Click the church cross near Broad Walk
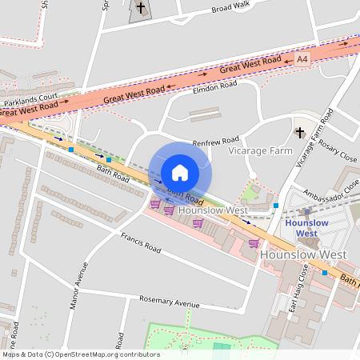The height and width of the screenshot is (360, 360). point(141,9)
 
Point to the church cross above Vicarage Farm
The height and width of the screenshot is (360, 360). point(300,131)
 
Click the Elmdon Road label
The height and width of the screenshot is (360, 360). point(215,89)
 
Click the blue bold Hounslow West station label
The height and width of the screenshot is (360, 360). point(306,228)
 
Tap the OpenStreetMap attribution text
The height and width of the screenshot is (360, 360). point(80,354)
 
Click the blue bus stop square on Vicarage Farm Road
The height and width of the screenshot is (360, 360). point(276,206)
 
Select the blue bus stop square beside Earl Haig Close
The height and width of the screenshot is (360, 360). point(325,272)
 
